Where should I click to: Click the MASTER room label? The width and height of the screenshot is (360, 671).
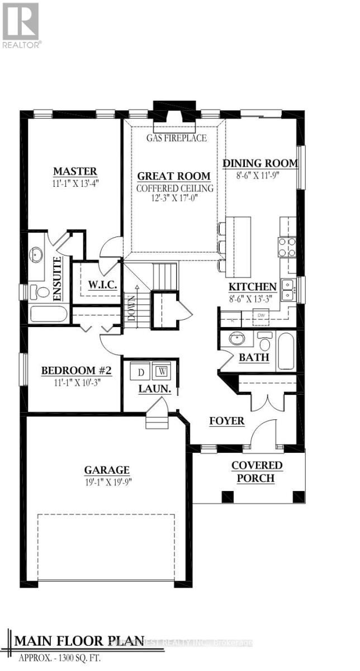pyautogui.click(x=75, y=171)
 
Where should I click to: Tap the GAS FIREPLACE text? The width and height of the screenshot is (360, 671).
pyautogui.click(x=176, y=138)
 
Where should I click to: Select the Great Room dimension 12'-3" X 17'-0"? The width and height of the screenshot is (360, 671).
pyautogui.click(x=175, y=199)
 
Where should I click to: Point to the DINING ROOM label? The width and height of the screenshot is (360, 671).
pyautogui.click(x=260, y=163)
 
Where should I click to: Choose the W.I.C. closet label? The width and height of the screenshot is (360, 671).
pyautogui.click(x=102, y=285)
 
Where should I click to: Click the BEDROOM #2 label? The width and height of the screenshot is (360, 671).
pyautogui.click(x=77, y=371)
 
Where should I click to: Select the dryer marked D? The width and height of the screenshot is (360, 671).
pyautogui.click(x=141, y=371)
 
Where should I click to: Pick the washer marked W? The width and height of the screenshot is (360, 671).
pyautogui.click(x=163, y=371)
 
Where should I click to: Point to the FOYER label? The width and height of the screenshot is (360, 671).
pyautogui.click(x=227, y=420)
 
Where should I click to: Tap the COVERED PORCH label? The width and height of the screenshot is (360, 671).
pyautogui.click(x=257, y=471)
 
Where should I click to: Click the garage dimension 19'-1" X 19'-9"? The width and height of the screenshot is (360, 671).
pyautogui.click(x=107, y=481)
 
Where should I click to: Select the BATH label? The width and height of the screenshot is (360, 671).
pyautogui.click(x=254, y=357)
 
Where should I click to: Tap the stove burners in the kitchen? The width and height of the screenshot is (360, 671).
pyautogui.click(x=287, y=247)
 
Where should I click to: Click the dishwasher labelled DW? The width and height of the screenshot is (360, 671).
pyautogui.click(x=260, y=315)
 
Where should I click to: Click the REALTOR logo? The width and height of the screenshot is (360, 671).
pyautogui.click(x=21, y=26)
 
